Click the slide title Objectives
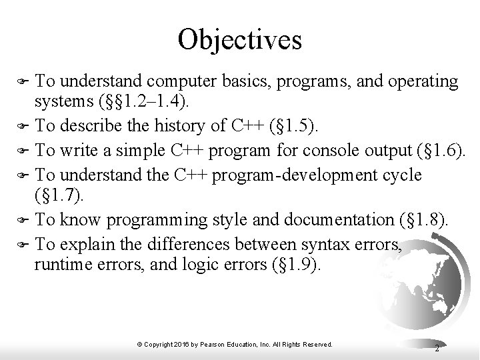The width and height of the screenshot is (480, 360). coord(240,39)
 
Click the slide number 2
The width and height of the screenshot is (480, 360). coord(436,348)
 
